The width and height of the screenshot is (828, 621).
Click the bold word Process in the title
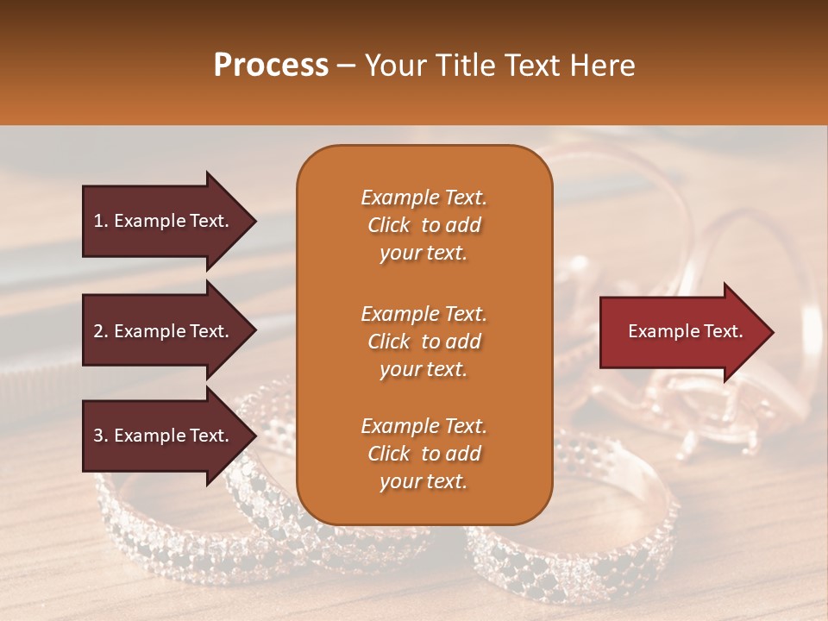pos(271,66)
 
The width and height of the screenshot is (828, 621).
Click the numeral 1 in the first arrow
pos(98,221)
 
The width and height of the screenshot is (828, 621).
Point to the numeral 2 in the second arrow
pos(99,331)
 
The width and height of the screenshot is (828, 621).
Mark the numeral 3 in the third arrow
pos(99,436)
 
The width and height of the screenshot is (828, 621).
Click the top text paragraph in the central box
pos(423,225)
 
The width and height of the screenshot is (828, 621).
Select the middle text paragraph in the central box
pos(423,342)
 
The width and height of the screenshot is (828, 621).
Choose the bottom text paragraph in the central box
pos(423,454)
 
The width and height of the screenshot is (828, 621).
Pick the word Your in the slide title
pos(392,66)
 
